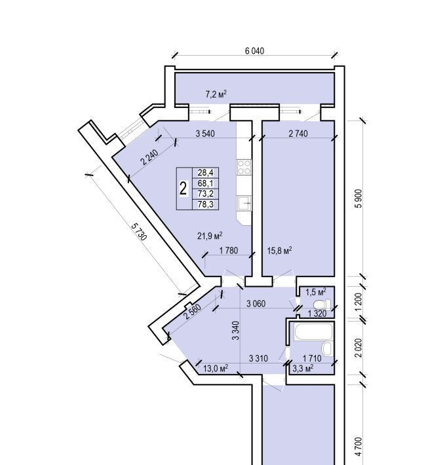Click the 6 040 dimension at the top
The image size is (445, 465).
tap(254, 50)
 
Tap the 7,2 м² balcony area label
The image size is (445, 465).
tap(216, 94)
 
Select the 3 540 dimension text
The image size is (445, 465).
tap(205, 134)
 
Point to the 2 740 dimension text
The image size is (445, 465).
tap(298, 134)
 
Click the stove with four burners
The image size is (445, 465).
tap(244, 167)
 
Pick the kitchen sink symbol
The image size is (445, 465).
tap(244, 203)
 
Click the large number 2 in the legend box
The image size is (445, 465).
tap(184, 189)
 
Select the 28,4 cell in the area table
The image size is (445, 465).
tap(206, 172)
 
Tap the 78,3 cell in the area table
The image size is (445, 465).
tap(206, 204)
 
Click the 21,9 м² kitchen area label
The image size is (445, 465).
tap(210, 236)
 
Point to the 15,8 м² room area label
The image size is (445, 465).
tap(279, 251)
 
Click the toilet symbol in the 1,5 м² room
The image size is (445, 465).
tap(322, 304)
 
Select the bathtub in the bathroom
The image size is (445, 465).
tap(313, 332)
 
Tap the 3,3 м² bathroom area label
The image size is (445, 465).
tap(303, 368)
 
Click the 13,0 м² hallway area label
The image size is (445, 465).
tap(216, 368)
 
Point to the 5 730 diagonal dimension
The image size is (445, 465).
tap(139, 232)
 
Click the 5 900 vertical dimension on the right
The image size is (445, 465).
tap(358, 198)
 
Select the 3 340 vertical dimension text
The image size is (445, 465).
tap(235, 330)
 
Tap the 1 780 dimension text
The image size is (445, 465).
tap(229, 251)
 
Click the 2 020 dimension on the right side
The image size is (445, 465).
tap(358, 348)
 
